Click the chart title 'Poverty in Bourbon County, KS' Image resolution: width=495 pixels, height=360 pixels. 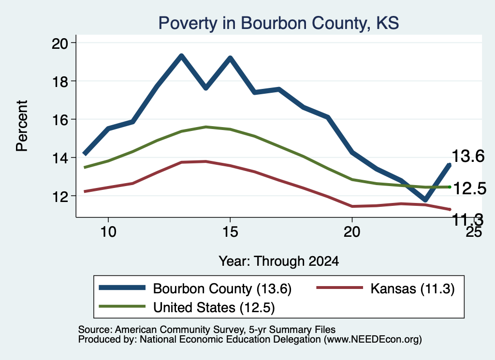[278, 23]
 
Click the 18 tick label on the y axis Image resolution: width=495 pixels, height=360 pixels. [59, 81]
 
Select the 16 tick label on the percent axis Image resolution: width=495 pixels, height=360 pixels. [59, 119]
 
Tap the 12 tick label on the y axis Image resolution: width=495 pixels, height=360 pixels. [59, 197]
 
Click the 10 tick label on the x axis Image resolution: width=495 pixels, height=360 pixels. [108, 232]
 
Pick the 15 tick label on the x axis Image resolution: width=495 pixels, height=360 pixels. [230, 232]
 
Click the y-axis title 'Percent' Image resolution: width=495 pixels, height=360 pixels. [22, 126]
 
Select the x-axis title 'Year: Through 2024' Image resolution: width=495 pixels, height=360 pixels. [279, 261]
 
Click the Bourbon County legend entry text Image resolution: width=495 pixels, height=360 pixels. [222, 288]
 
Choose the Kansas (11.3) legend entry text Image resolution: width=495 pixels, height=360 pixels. [412, 288]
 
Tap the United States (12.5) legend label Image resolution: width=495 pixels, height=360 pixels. [214, 308]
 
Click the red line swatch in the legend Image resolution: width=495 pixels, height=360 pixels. [339, 288]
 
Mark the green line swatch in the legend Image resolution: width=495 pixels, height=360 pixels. [122, 306]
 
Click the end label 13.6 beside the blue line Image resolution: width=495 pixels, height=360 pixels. [468, 156]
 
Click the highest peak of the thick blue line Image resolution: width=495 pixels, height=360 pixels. [182, 56]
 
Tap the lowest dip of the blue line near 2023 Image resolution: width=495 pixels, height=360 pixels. [425, 200]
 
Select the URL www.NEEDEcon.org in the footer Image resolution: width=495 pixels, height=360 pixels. [373, 340]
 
